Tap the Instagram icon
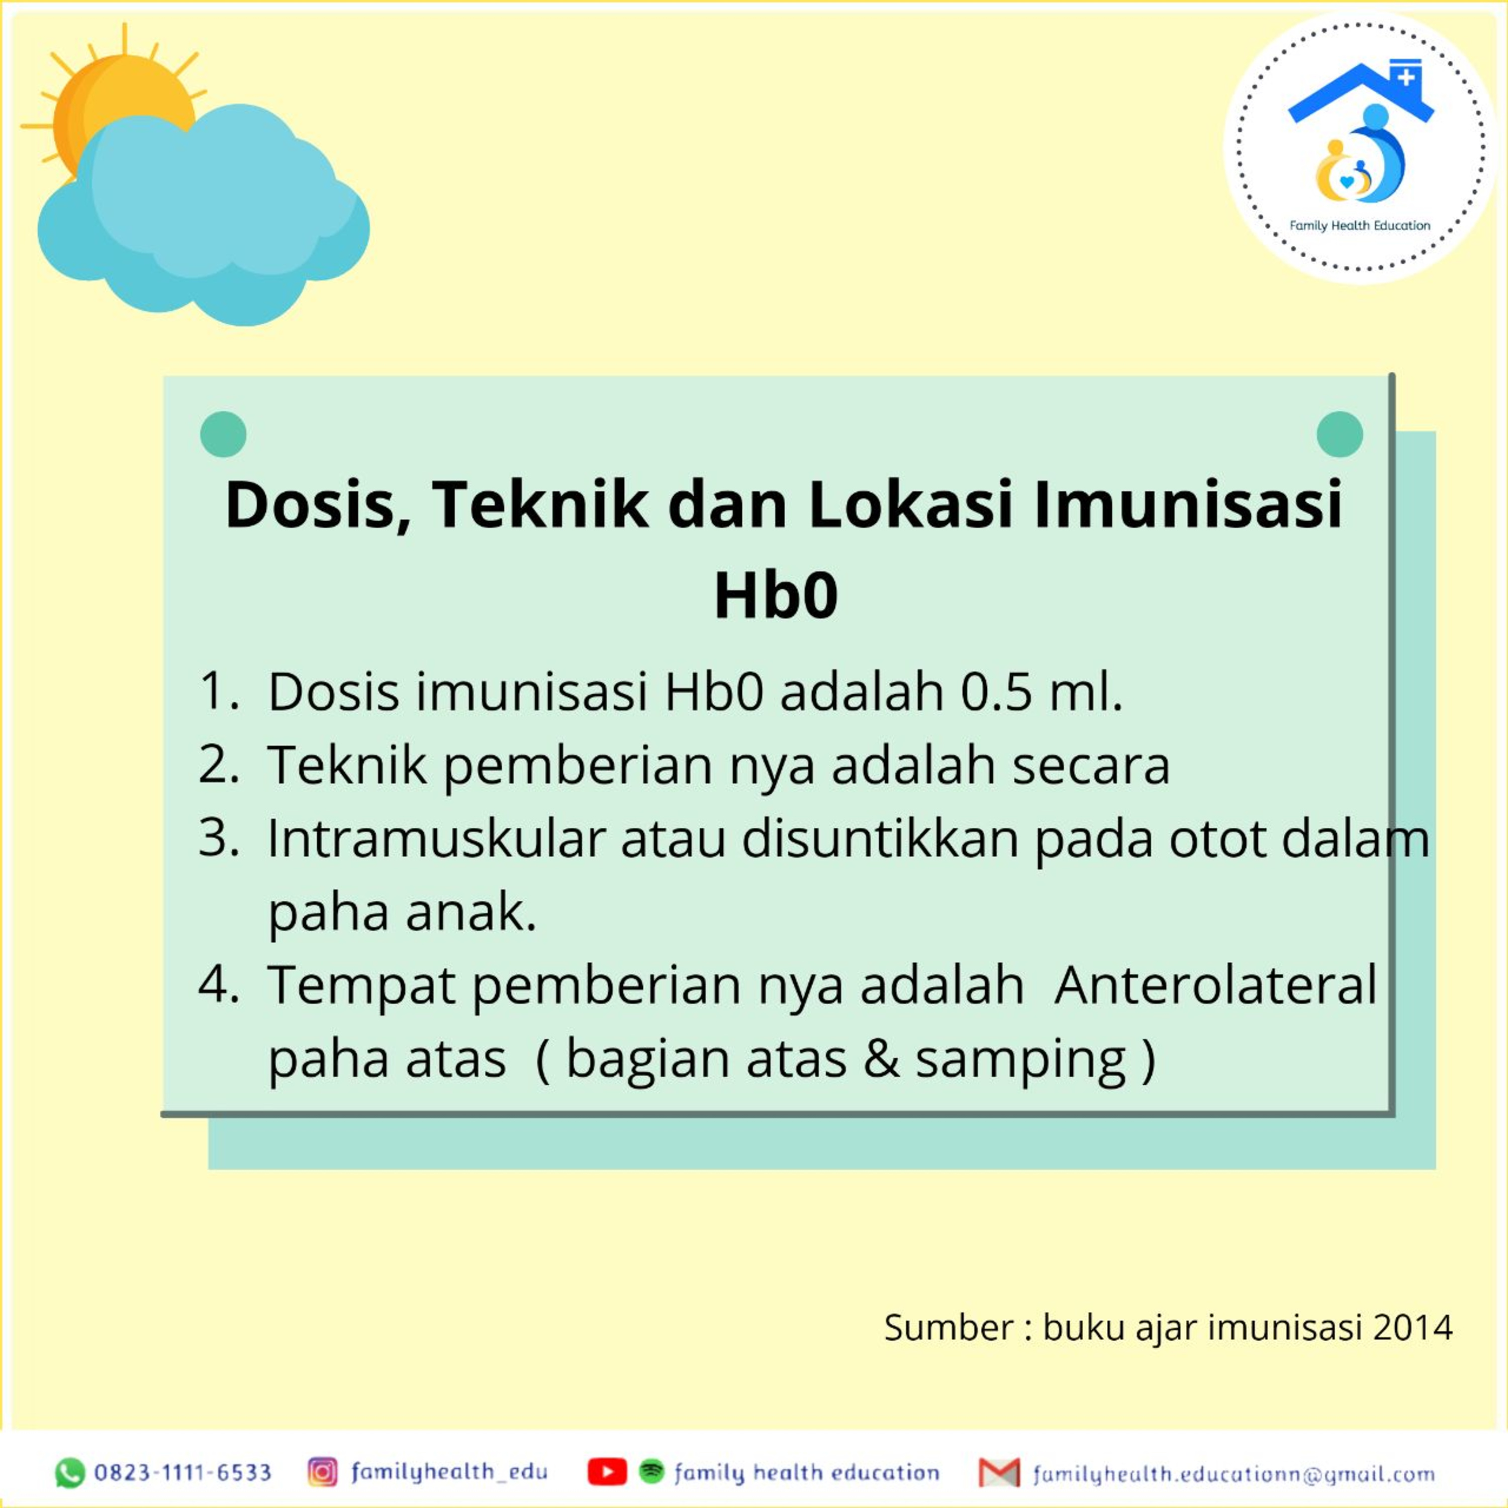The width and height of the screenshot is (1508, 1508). pyautogui.click(x=322, y=1471)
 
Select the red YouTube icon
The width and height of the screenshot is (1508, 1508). pyautogui.click(x=607, y=1472)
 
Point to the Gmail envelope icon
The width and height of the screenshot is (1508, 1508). pyautogui.click(x=999, y=1473)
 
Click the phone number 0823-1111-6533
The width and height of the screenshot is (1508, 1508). pyautogui.click(x=182, y=1473)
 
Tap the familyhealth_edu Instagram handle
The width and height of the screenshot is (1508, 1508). pyautogui.click(x=449, y=1472)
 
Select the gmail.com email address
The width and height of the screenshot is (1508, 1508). pyautogui.click(x=1234, y=1474)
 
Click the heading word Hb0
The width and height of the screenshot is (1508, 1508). pyautogui.click(x=776, y=596)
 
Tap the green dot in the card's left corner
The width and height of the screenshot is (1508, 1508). pyautogui.click(x=223, y=434)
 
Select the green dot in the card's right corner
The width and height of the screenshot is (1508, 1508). pyautogui.click(x=1340, y=434)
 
